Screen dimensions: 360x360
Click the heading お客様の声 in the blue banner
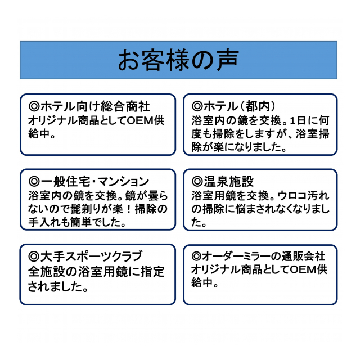(178, 60)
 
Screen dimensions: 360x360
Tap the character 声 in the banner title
(227, 60)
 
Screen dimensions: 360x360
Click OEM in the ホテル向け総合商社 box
(140, 120)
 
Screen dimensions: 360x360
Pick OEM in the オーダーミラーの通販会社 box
(303, 269)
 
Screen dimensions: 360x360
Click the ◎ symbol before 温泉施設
(197, 182)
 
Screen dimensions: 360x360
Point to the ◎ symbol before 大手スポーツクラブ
(34, 256)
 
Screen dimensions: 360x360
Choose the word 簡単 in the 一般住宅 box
(81, 222)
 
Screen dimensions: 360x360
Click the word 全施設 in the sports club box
(47, 272)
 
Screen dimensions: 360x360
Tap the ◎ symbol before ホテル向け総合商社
(34, 106)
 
